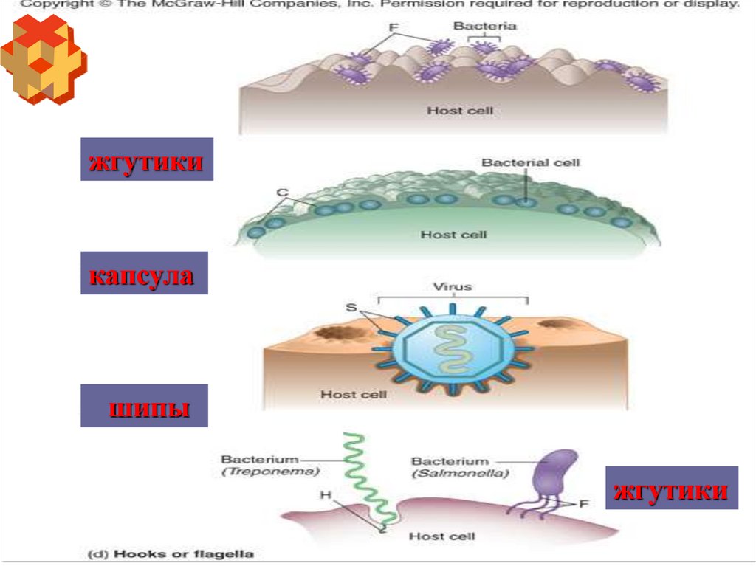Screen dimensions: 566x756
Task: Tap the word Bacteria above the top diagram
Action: [484, 26]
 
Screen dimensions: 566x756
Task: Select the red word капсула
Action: [144, 277]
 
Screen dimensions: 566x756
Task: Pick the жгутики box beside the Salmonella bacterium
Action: [672, 489]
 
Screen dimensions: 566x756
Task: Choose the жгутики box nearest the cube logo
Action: [146, 161]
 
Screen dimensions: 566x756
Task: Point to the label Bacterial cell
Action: [531, 162]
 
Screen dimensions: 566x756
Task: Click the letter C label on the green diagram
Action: [281, 193]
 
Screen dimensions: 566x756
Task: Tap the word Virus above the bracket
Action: [453, 286]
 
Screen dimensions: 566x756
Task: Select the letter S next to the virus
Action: [350, 307]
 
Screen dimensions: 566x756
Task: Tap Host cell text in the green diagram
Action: [453, 235]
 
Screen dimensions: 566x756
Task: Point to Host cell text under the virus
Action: [353, 395]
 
